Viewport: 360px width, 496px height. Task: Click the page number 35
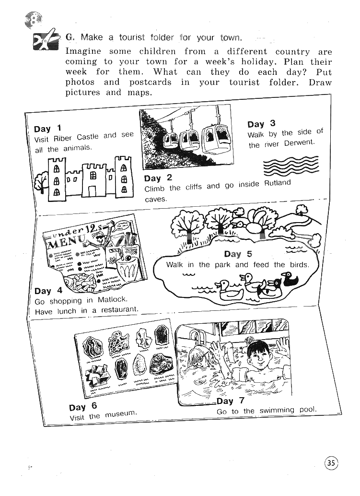[x=331, y=463]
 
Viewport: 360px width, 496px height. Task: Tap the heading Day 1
[x=47, y=129]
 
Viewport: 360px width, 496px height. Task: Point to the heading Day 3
[x=261, y=124]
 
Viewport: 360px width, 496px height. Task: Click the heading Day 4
[x=48, y=291]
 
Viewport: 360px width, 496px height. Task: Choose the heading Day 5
[x=238, y=254]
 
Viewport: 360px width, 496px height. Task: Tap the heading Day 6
[x=83, y=407]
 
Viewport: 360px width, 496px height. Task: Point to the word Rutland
[x=278, y=183]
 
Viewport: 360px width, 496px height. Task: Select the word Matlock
[x=112, y=300]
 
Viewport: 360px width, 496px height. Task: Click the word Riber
[x=62, y=139]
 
